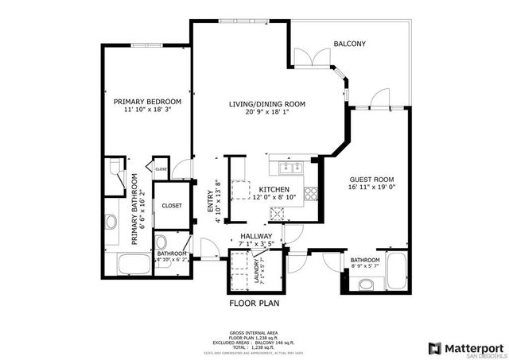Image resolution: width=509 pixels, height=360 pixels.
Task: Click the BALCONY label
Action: pos(349,44)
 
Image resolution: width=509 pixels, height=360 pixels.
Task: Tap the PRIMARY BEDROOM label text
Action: pos(147,102)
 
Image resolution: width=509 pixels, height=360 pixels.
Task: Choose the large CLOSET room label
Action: pos(171,205)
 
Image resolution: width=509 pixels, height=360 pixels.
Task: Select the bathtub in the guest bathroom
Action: pos(394,275)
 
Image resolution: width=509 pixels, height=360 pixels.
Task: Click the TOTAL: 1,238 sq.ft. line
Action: pos(253,349)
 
